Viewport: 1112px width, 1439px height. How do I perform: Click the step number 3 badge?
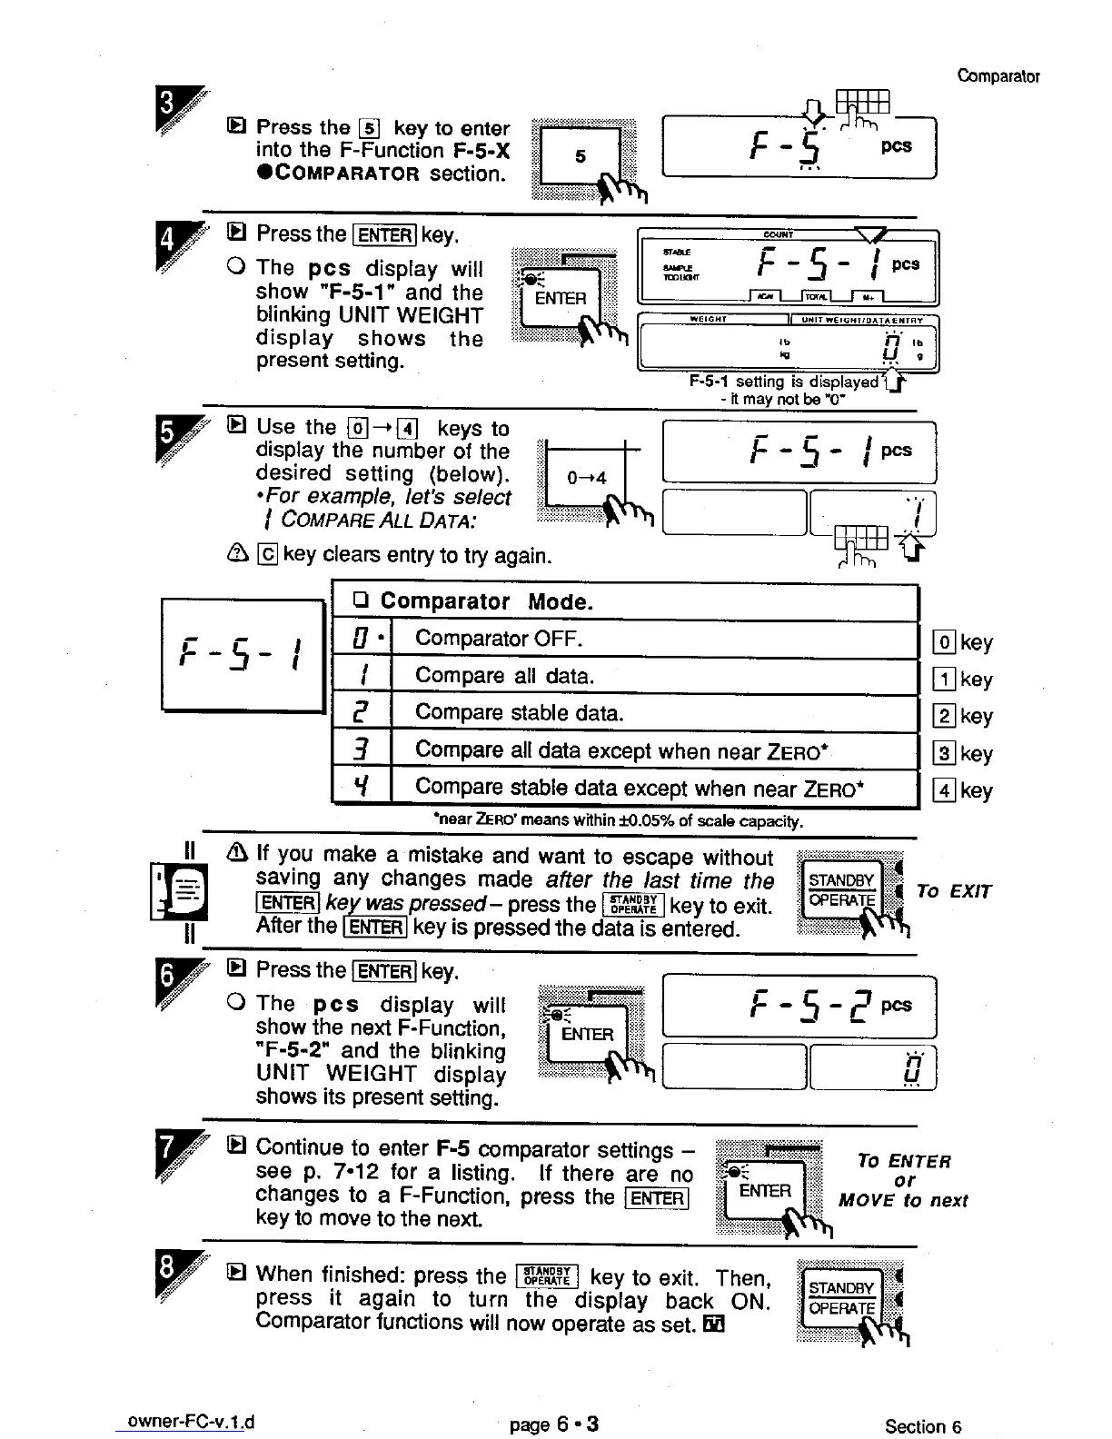pyautogui.click(x=167, y=110)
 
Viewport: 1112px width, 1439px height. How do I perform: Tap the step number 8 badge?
pyautogui.click(x=167, y=1277)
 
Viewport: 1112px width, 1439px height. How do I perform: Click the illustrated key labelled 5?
pyautogui.click(x=581, y=157)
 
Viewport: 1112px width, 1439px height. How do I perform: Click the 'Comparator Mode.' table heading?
pyautogui.click(x=486, y=601)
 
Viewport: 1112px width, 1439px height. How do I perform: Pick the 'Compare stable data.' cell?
pyautogui.click(x=519, y=713)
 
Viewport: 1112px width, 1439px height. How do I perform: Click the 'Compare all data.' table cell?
pyautogui.click(x=504, y=676)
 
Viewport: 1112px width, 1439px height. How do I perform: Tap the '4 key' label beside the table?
pyautogui.click(x=964, y=790)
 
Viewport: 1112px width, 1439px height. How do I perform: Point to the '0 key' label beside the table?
pyautogui.click(x=964, y=642)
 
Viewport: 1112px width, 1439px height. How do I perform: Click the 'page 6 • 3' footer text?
pyautogui.click(x=554, y=1424)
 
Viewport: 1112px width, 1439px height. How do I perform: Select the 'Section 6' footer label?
pyautogui.click(x=923, y=1426)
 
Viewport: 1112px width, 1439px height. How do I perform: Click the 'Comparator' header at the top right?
pyautogui.click(x=998, y=76)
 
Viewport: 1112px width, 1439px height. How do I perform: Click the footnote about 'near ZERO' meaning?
pyautogui.click(x=619, y=821)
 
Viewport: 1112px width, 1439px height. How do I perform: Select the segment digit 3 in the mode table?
pyautogui.click(x=362, y=750)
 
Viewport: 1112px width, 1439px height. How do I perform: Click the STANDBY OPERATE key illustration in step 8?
pyautogui.click(x=840, y=1298)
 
